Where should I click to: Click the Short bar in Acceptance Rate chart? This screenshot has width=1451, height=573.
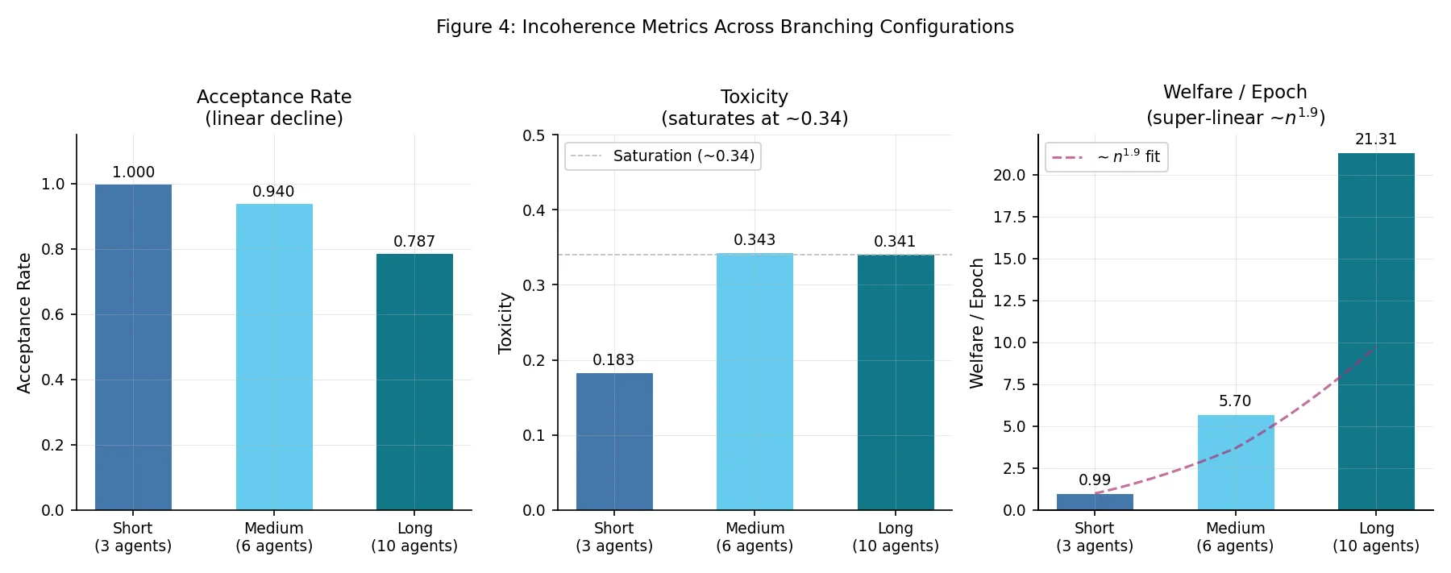click(x=133, y=347)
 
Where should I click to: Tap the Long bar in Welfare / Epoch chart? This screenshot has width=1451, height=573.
click(x=1376, y=331)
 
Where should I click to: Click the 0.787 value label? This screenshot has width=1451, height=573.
click(x=414, y=242)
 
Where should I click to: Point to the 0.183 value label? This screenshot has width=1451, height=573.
click(x=613, y=360)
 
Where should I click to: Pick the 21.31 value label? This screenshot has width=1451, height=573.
click(x=1376, y=139)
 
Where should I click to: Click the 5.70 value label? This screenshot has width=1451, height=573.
click(x=1235, y=401)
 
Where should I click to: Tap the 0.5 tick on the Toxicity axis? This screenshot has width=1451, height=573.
click(x=534, y=135)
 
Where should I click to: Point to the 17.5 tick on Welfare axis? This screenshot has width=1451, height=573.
click(x=1009, y=217)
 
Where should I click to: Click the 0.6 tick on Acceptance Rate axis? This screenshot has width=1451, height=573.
click(x=53, y=314)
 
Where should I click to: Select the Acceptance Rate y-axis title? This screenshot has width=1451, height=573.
click(x=24, y=322)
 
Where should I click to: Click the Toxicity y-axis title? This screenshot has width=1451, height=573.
click(x=505, y=322)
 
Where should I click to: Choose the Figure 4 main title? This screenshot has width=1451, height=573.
click(x=725, y=27)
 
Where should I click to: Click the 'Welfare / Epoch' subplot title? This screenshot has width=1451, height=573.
click(x=1235, y=92)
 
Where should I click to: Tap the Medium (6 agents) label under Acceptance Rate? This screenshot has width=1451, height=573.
click(x=274, y=537)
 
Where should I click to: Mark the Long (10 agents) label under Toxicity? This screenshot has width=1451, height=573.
click(x=895, y=537)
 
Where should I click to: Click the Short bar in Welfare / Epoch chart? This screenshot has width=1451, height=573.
click(x=1095, y=502)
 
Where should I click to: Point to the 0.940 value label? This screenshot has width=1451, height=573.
click(x=273, y=192)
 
